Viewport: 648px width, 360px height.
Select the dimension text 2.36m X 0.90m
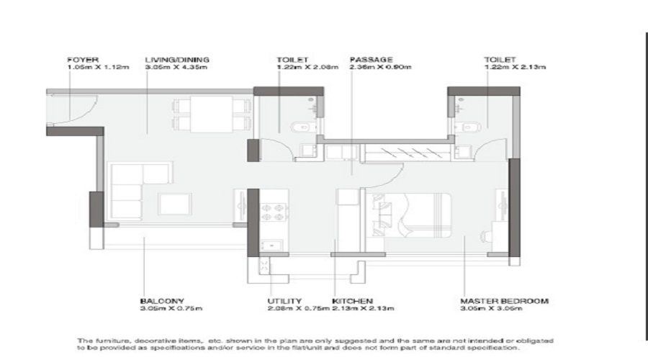pyautogui.click(x=379, y=67)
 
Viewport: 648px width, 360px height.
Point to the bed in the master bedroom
pyautogui.click(x=414, y=214)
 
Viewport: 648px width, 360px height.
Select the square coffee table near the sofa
pyautogui.click(x=174, y=204)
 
